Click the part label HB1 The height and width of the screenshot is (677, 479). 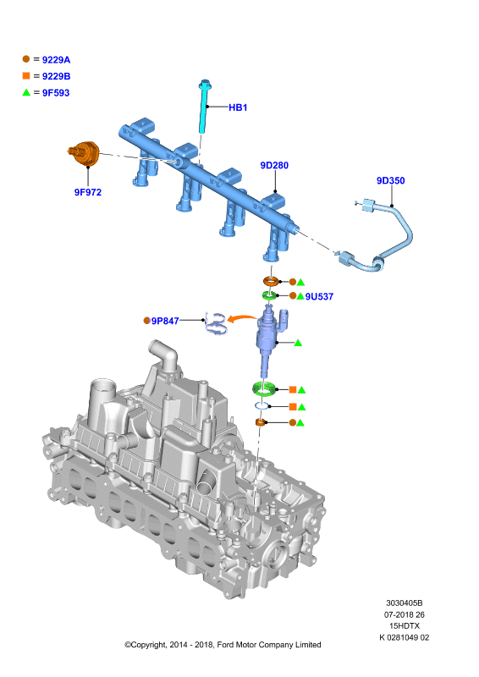tap(238, 107)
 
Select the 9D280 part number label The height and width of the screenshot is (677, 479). tap(274, 165)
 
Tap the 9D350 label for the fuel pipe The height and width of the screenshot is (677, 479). tap(390, 180)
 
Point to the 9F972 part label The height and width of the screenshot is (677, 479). tap(88, 192)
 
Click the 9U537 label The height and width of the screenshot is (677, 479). tap(319, 297)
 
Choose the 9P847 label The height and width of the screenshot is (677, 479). tap(165, 321)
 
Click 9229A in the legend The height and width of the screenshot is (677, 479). tap(56, 59)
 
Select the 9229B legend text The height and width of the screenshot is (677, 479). tap(56, 76)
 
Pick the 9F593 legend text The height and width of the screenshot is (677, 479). tap(56, 92)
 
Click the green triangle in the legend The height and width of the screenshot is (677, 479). tap(26, 92)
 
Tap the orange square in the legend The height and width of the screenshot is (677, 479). tap(26, 75)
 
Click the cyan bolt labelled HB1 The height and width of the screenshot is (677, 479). tap(203, 107)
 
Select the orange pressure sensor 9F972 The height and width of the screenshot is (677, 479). tap(85, 153)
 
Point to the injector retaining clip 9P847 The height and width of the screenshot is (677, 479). tap(216, 323)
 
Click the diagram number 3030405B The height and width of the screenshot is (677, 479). tap(405, 603)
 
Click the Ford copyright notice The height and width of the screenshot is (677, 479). tap(223, 645)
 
